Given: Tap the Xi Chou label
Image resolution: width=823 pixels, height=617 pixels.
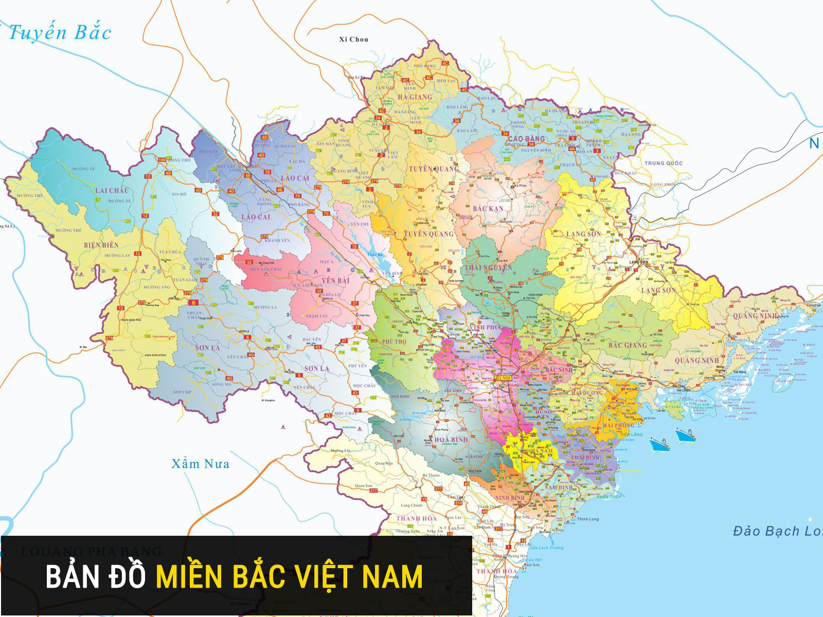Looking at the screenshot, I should click(x=353, y=39).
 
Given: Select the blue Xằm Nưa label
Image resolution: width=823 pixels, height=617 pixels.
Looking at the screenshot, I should click(x=200, y=464).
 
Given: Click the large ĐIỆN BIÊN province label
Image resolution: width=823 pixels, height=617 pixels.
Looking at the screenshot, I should click(x=101, y=245).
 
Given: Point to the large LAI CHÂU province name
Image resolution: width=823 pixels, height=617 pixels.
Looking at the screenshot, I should click(x=112, y=190).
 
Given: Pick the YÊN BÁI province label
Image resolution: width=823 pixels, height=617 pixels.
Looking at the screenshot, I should click(x=335, y=281).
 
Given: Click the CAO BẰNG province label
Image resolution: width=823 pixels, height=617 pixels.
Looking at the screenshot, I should click(x=526, y=139).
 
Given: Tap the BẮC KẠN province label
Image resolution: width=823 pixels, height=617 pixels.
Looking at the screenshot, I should click(x=488, y=209).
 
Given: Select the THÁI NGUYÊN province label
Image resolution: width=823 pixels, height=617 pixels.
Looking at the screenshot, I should click(x=488, y=267).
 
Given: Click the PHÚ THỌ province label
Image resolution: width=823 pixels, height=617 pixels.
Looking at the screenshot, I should click(x=394, y=341).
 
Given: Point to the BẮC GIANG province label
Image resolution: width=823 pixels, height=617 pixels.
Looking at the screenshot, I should click(x=628, y=346).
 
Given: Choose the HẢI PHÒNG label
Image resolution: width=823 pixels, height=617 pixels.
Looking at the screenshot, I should click(x=618, y=426).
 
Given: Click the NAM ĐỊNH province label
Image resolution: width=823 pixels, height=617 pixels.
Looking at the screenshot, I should click(x=559, y=487).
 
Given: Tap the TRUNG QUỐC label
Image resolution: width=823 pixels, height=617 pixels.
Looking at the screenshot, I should click(x=664, y=163).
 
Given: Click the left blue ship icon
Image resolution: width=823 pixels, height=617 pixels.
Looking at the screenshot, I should click(x=659, y=444).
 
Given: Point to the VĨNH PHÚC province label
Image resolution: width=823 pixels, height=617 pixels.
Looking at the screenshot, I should click(x=485, y=327).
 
